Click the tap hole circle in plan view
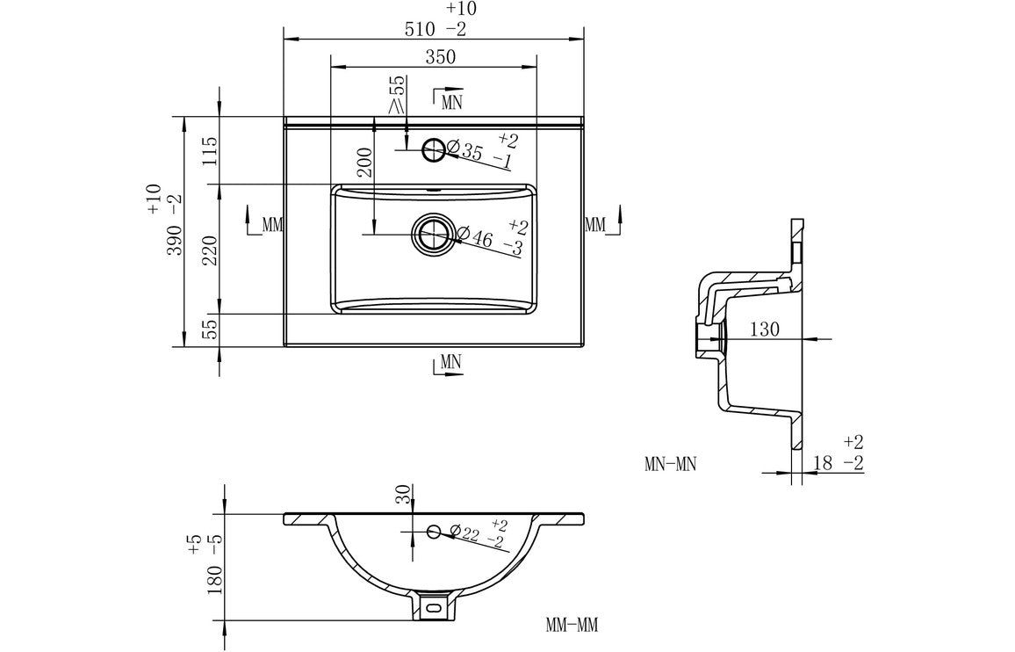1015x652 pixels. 434,150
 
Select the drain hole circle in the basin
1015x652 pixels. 432,235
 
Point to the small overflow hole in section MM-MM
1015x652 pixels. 433,531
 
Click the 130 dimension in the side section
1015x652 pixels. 764,330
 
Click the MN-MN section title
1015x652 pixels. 669,464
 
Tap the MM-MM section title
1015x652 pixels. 572,626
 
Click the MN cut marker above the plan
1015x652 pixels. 450,100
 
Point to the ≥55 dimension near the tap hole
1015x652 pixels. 396,95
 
